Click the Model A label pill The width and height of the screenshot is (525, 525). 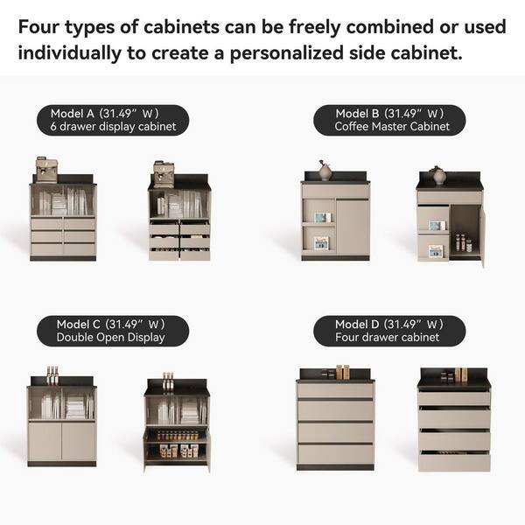[113, 120]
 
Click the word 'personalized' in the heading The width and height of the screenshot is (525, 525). [287, 53]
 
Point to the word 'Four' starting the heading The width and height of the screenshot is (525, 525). [38, 27]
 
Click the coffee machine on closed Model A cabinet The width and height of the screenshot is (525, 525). [46, 170]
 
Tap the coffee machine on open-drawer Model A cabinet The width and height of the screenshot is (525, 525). [164, 174]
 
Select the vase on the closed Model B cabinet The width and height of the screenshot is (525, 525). [325, 171]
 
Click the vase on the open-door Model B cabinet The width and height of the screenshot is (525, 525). [439, 175]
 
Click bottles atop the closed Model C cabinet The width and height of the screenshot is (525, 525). [52, 375]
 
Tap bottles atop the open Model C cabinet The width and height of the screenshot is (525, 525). [168, 381]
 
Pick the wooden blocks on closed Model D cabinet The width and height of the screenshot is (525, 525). [343, 373]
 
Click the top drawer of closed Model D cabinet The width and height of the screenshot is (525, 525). [335, 390]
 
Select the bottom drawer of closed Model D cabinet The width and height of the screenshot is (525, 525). [335, 454]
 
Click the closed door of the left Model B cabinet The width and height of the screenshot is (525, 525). [353, 227]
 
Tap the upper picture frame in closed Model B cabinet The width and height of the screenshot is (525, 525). [322, 218]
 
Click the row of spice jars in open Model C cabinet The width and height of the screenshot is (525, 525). [177, 436]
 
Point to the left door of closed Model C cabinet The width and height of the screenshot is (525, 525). [45, 441]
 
